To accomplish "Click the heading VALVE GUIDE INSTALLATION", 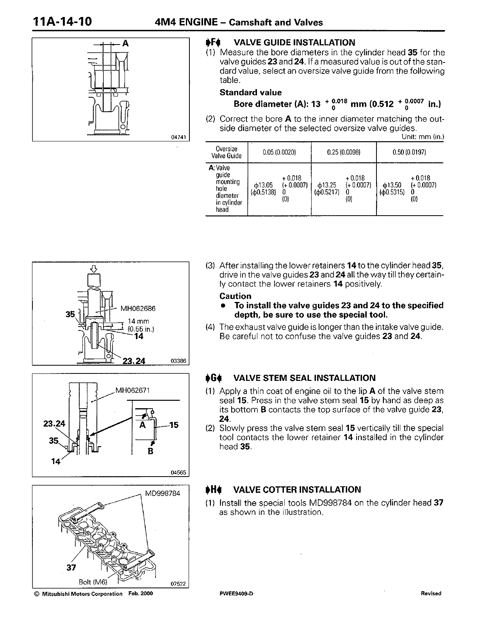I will point(294,43).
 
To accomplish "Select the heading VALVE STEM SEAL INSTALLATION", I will point(304,378).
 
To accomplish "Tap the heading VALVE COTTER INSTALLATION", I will point(297,489).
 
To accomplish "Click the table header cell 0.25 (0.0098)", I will point(344,152).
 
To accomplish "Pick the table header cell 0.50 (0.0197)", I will point(409,152).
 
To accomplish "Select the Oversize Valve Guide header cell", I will point(227,152).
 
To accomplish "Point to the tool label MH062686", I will point(138,309).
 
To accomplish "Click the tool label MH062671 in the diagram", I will point(133,390).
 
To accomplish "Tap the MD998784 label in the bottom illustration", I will point(162,493).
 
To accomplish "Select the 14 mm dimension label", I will point(139,322).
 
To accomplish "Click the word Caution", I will point(235,296).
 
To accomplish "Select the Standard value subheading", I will point(250,93).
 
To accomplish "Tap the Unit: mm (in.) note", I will point(423,137).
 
